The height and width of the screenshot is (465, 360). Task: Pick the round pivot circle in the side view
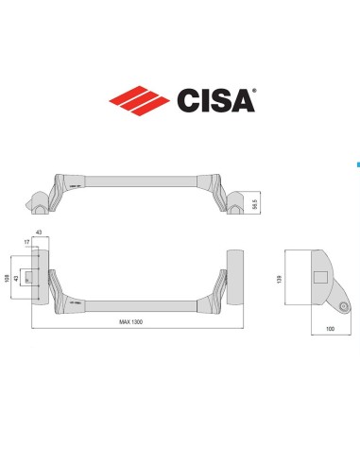[x=344, y=304]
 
